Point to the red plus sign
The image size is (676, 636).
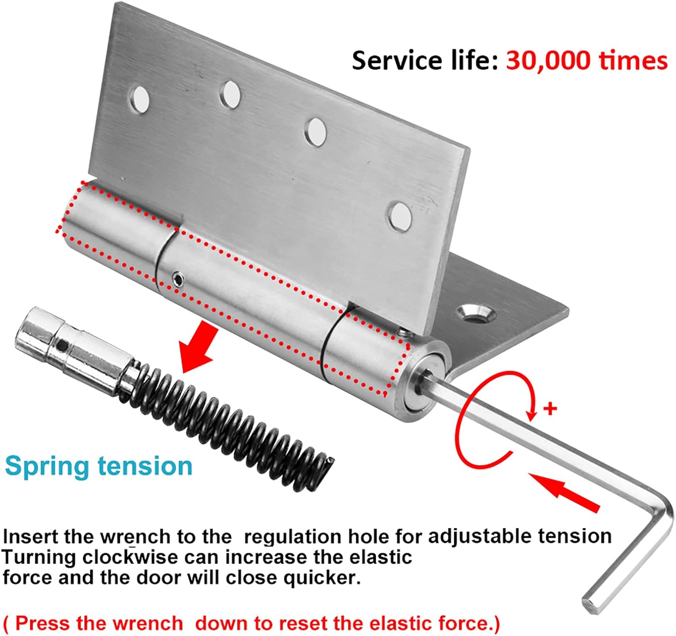[550, 409]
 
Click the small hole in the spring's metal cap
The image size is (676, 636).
[64, 346]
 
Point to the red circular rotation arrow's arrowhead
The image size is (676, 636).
[533, 414]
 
